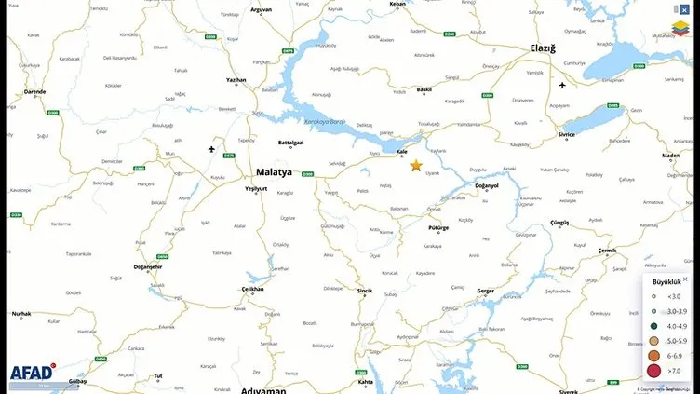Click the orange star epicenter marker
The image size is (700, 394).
click(416, 165)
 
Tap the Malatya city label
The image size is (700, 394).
click(274, 172)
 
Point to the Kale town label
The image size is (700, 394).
click(403, 151)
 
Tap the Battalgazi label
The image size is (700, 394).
click(291, 143)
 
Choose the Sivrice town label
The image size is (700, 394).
click(566, 134)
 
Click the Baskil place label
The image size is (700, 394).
click(424, 90)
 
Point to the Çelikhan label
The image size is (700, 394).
click(253, 289)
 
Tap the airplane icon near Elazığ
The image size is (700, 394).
click(562, 86)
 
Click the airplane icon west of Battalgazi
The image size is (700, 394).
click(211, 149)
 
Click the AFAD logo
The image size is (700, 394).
click(31, 373)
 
